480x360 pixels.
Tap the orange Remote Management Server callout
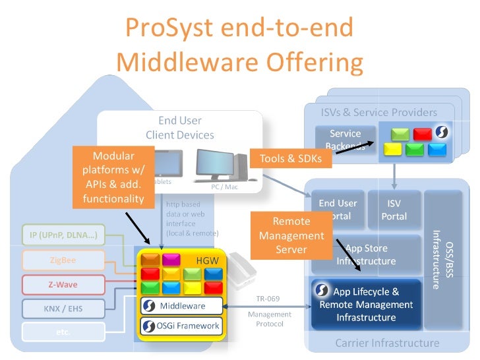tap(291, 235)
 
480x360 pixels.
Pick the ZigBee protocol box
tap(63, 260)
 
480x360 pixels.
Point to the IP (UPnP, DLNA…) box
tap(63, 235)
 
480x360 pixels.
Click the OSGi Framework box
tap(181, 326)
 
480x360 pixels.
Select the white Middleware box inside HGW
tap(181, 306)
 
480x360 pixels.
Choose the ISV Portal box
tap(394, 210)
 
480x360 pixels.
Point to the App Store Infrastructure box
tap(366, 255)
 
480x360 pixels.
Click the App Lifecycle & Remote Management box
tap(366, 304)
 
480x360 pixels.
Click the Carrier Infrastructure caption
tap(387, 343)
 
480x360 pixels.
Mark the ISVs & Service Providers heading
tap(378, 112)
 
